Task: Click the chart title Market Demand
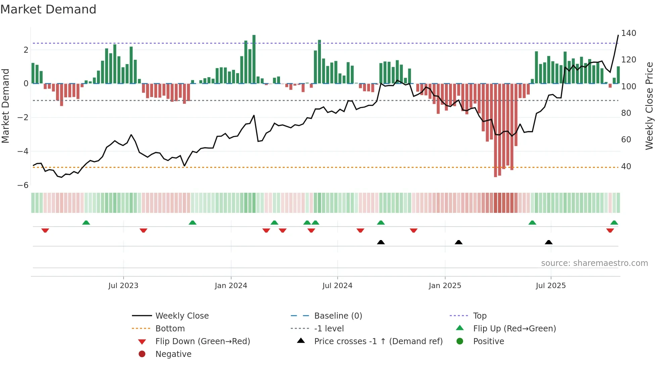point(48,9)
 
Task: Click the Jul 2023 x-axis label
point(123,286)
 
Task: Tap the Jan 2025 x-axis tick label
point(445,286)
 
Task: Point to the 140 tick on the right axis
point(628,33)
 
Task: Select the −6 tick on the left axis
point(23,185)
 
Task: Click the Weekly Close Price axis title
point(649,106)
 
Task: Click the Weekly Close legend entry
point(182,316)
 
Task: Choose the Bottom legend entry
point(170,329)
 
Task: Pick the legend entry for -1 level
point(329,329)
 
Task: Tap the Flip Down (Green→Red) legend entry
point(202,341)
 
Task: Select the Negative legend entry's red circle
point(142,354)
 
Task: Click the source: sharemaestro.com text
point(594,263)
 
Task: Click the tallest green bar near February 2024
point(254,59)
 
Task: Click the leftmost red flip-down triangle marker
point(45,230)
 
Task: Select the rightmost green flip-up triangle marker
point(614,223)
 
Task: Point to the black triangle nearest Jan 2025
point(459,242)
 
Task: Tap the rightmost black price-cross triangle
point(549,242)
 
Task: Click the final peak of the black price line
point(618,35)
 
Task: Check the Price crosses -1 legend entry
point(378,341)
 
